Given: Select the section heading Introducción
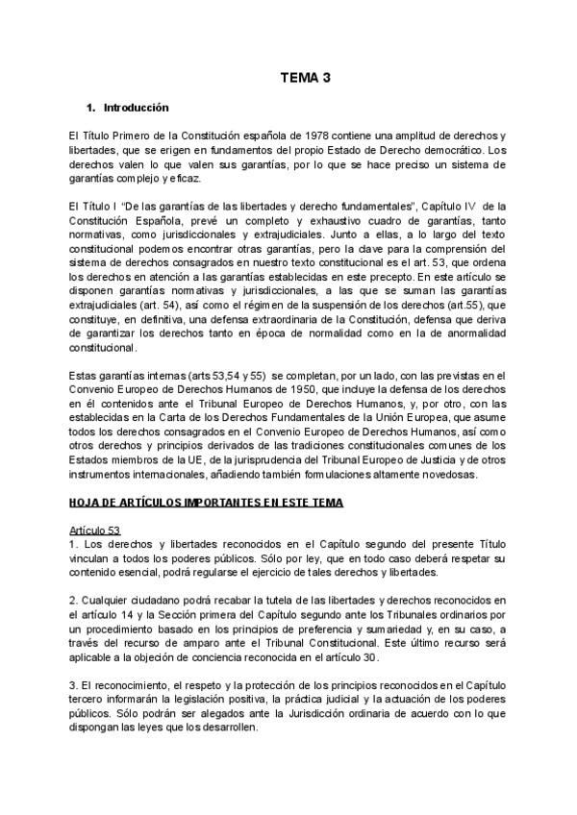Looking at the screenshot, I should click(136, 108).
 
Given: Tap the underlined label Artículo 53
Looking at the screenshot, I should click(95, 530).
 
